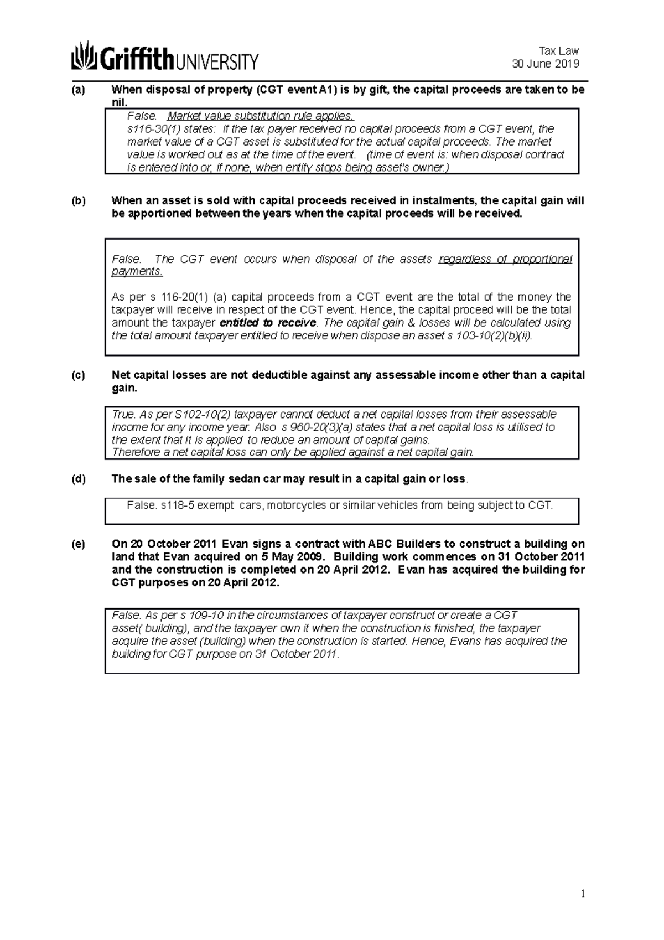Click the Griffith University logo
[x=164, y=56]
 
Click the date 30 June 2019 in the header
[x=545, y=64]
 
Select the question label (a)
[x=78, y=90]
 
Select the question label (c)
[x=78, y=375]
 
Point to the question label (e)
[x=78, y=544]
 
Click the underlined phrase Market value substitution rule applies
[x=260, y=116]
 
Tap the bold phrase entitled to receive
[x=268, y=323]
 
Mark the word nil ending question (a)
[x=119, y=102]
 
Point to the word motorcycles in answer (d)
[x=297, y=505]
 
